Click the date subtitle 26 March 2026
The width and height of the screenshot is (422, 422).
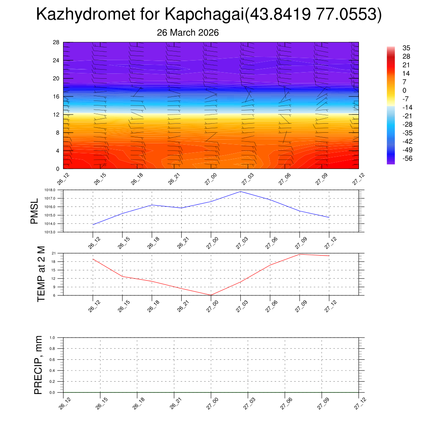tap(188, 33)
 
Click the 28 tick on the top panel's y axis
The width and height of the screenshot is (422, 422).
tap(56, 42)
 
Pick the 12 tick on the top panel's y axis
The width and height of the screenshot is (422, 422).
tap(56, 115)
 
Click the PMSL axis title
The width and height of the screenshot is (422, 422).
tap(34, 211)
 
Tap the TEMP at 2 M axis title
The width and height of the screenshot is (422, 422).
tap(40, 274)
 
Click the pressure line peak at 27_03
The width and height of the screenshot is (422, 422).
tap(240, 192)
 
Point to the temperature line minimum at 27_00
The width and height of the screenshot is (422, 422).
tap(211, 295)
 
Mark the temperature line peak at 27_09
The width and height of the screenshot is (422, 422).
tap(300, 254)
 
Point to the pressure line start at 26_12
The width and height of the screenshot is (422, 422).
tap(93, 225)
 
